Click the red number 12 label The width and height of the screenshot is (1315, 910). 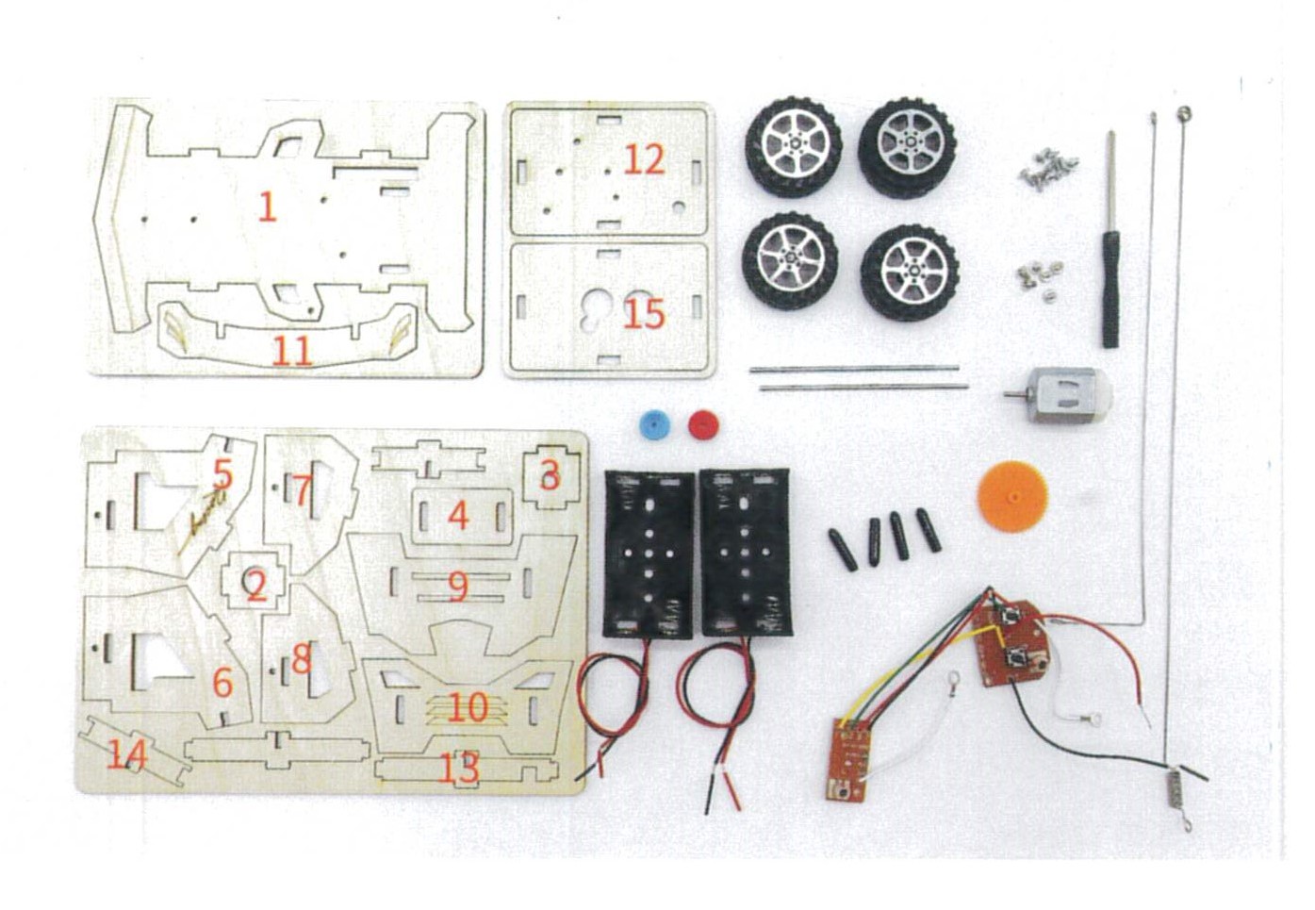[644, 160]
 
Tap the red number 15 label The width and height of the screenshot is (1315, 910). [644, 314]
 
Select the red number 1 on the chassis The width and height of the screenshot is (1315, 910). [268, 207]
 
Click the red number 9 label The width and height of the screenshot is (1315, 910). [458, 586]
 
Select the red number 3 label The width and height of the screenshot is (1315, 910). [551, 475]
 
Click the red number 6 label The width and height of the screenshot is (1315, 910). [222, 683]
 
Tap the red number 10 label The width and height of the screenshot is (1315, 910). [468, 707]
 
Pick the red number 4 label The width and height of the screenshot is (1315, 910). [458, 516]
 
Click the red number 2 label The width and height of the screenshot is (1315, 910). [256, 587]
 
